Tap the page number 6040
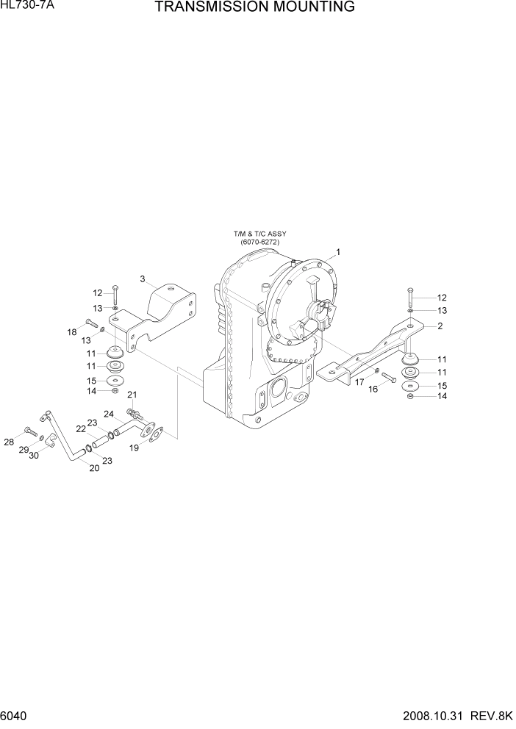click(15, 715)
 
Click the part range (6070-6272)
click(259, 242)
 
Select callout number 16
click(373, 389)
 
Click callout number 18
click(72, 332)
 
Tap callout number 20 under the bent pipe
click(94, 468)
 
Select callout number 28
click(9, 441)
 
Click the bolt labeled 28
click(30, 431)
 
